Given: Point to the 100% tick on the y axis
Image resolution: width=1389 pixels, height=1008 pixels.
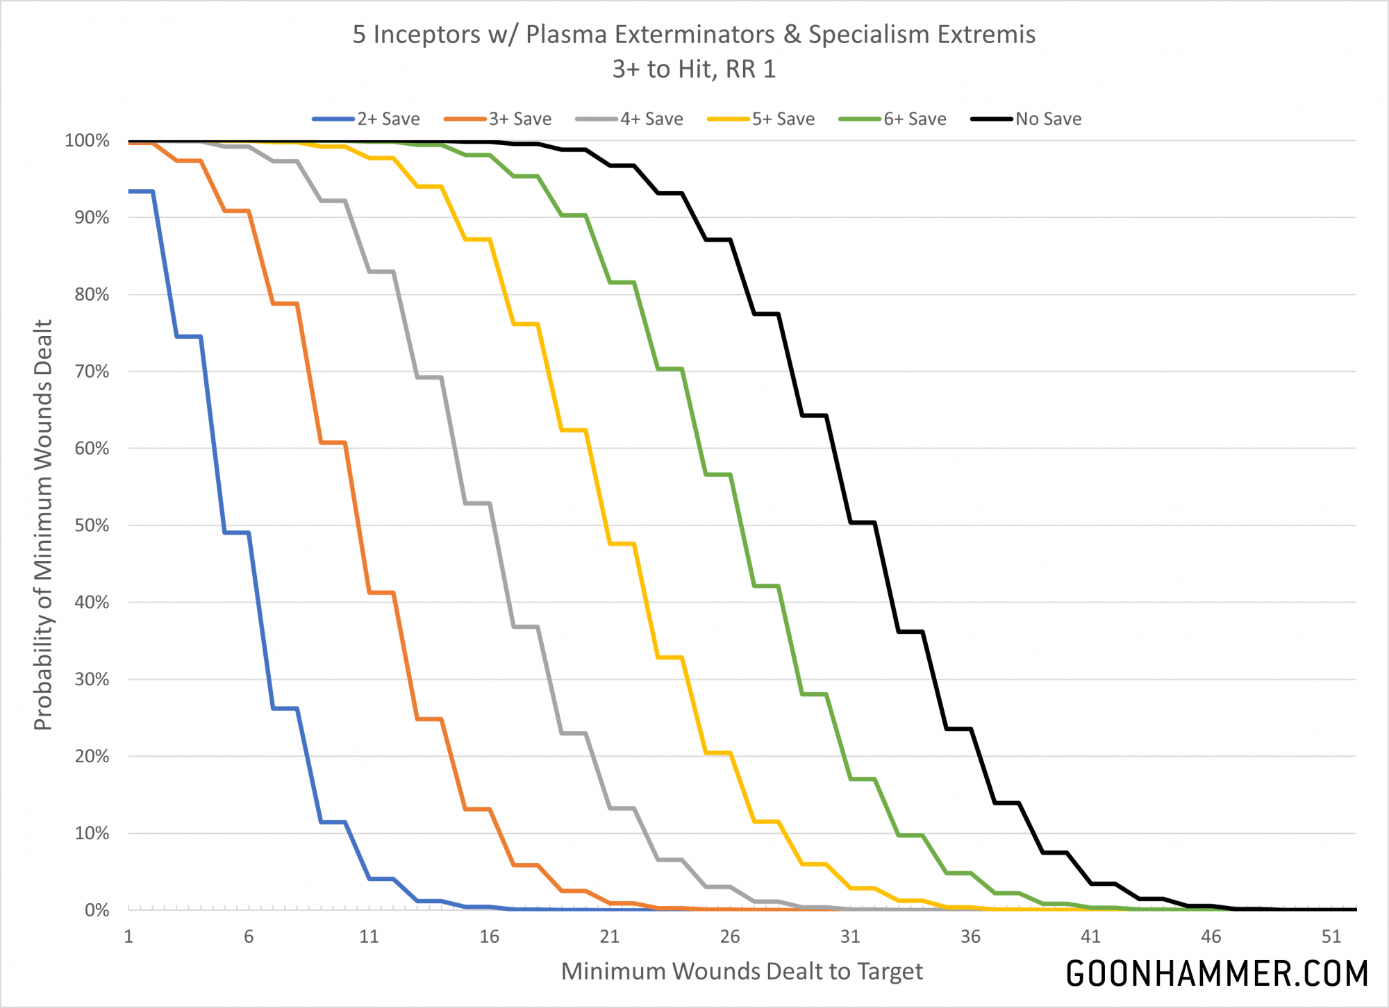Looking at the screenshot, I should pos(87,141).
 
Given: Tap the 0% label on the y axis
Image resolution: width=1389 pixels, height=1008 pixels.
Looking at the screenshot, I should pos(97,910).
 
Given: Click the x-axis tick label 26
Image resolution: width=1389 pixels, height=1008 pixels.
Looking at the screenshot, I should pos(729,936).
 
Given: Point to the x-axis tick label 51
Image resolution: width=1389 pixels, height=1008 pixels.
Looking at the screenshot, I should pos(1331,936).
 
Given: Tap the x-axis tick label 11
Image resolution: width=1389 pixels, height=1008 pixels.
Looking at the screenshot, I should pos(369,936).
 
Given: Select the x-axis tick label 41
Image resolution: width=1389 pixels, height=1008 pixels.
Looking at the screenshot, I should pos(1090,936).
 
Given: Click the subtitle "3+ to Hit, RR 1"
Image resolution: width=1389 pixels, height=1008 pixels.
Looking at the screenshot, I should pos(694,69).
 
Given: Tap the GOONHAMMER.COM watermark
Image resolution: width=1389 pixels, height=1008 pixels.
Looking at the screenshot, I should pos(1217,973).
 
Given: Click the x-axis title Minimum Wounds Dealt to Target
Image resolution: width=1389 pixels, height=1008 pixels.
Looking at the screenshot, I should pos(742,971).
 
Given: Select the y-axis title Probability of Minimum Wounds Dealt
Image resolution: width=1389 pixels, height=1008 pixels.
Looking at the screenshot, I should pos(43,525).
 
